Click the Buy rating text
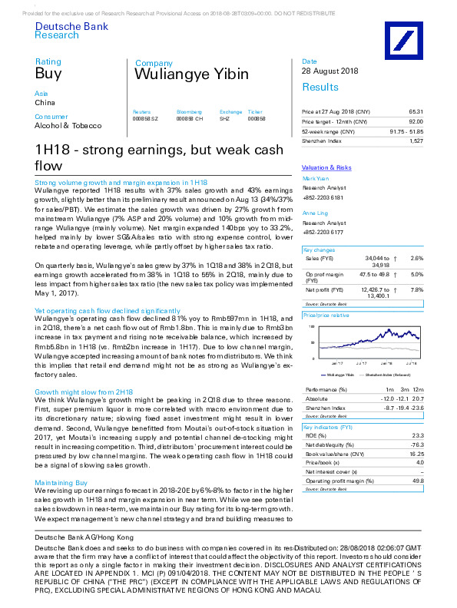[x=48, y=74]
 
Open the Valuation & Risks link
[x=326, y=167]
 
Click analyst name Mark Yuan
[x=316, y=178]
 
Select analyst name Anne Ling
[x=316, y=213]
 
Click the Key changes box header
[x=319, y=250]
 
